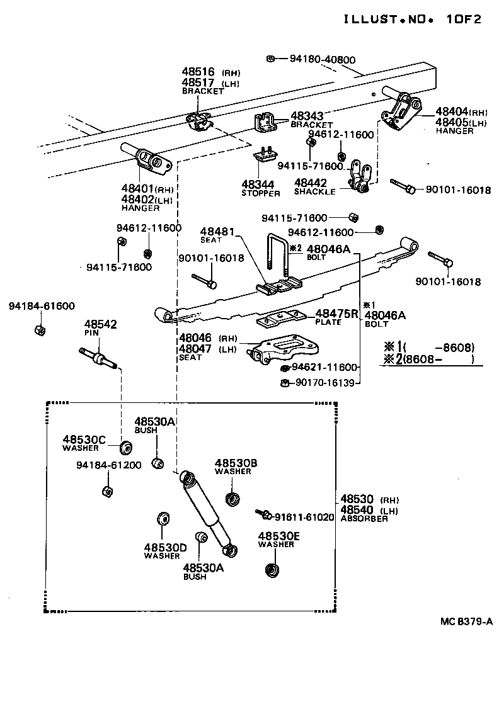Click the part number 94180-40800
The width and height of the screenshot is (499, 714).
pyautogui.click(x=323, y=60)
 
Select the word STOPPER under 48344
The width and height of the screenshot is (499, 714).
pyautogui.click(x=260, y=193)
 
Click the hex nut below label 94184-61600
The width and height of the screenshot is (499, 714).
pyautogui.click(x=38, y=329)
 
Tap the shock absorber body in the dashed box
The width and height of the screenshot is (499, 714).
pyautogui.click(x=204, y=510)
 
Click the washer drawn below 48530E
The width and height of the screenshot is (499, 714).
pyautogui.click(x=272, y=570)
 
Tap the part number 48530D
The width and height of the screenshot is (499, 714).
pyautogui.click(x=165, y=547)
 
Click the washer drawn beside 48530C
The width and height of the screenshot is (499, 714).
pyautogui.click(x=126, y=448)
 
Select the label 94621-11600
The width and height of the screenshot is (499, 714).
pyautogui.click(x=324, y=368)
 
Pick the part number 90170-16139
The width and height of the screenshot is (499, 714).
pyautogui.click(x=324, y=382)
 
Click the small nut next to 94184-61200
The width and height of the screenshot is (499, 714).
pyautogui.click(x=106, y=491)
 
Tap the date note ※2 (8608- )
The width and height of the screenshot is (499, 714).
pyautogui.click(x=428, y=360)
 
